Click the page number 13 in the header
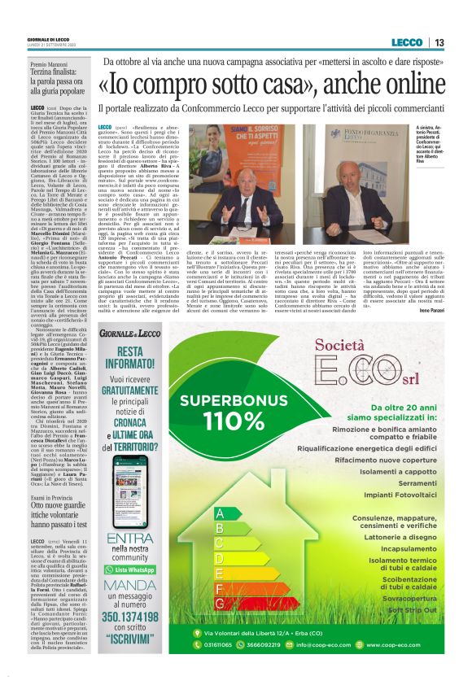pyautogui.click(x=439, y=42)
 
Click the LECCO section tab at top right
pyautogui.click(x=405, y=42)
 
